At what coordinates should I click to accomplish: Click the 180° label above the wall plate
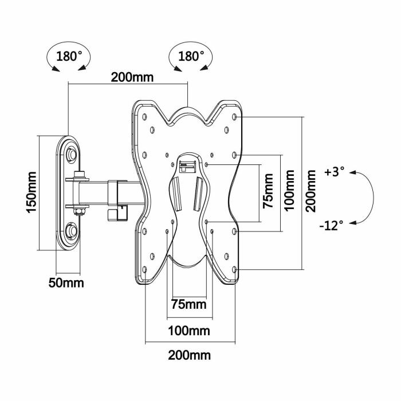69,57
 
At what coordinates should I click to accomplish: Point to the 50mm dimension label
65,283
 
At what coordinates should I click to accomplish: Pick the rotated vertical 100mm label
290,192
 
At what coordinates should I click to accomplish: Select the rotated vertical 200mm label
311,191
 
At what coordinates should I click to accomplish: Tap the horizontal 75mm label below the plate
188,304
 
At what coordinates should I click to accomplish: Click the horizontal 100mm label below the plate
188,331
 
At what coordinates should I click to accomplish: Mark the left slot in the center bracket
178,194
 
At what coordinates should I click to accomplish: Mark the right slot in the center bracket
198,194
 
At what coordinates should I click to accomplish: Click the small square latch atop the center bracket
184,166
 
